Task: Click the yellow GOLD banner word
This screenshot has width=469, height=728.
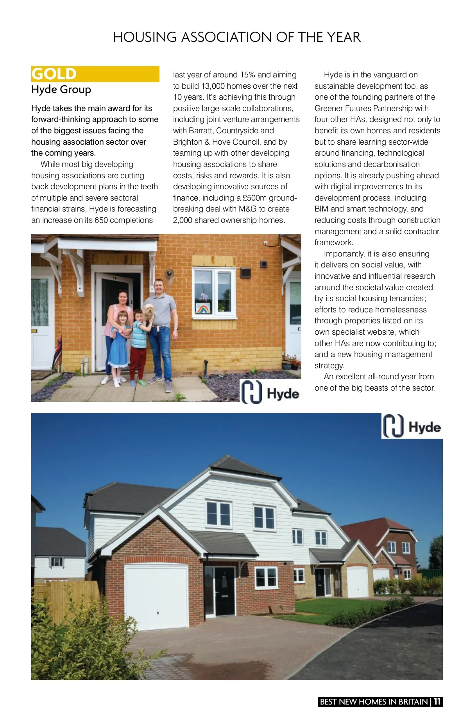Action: tap(54, 74)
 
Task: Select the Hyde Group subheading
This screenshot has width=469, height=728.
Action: tap(61, 90)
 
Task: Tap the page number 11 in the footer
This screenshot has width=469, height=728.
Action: tap(437, 701)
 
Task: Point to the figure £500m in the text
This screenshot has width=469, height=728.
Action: tap(254, 198)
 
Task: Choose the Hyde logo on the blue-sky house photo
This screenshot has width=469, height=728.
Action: tap(412, 426)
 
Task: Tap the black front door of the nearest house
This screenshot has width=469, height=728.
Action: tap(225, 590)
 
